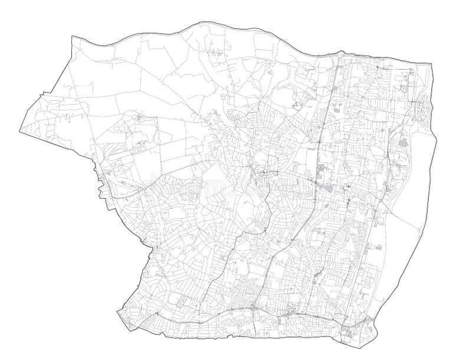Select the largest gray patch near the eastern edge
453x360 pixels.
pyautogui.click(x=403, y=143)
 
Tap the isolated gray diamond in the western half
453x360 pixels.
pyautogui.click(x=138, y=118)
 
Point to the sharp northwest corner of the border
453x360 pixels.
pyautogui.click(x=71, y=37)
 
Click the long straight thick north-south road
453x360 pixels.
pyautogui.click(x=322, y=148)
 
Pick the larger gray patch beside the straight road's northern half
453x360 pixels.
pyautogui.click(x=336, y=109)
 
